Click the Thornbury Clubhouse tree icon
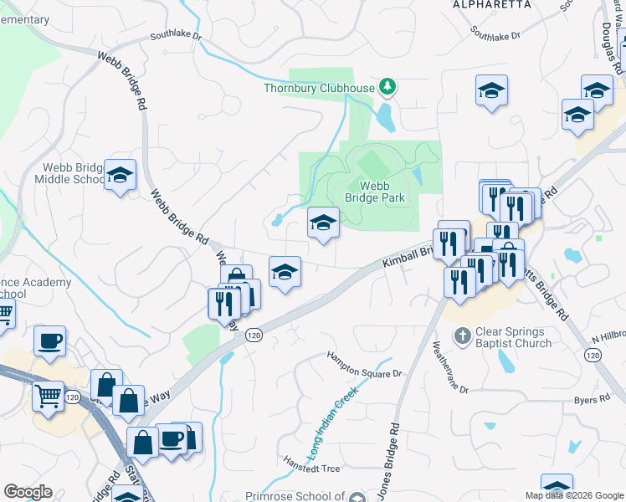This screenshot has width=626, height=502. coord(387,86)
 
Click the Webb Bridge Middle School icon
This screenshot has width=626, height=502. coord(121,176)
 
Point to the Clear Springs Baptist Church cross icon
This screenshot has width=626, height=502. coord(462,336)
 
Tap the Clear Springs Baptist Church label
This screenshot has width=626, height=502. coord(513,337)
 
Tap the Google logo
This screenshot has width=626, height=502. coord(27,492)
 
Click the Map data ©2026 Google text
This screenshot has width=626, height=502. coord(574,495)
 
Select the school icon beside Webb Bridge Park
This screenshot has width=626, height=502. coord(323,223)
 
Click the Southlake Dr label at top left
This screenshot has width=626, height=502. coord(176,37)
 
